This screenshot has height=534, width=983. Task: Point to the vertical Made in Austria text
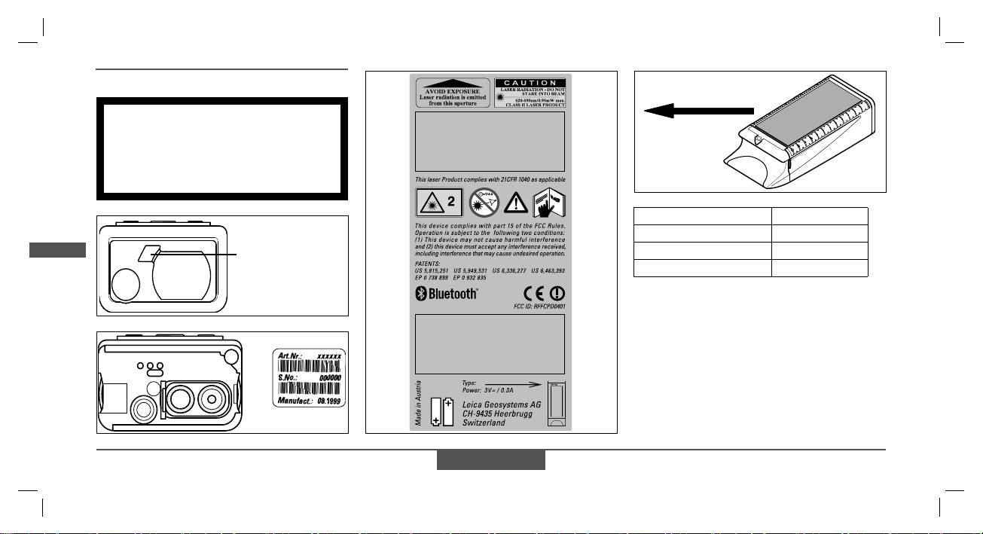pos(419,403)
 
